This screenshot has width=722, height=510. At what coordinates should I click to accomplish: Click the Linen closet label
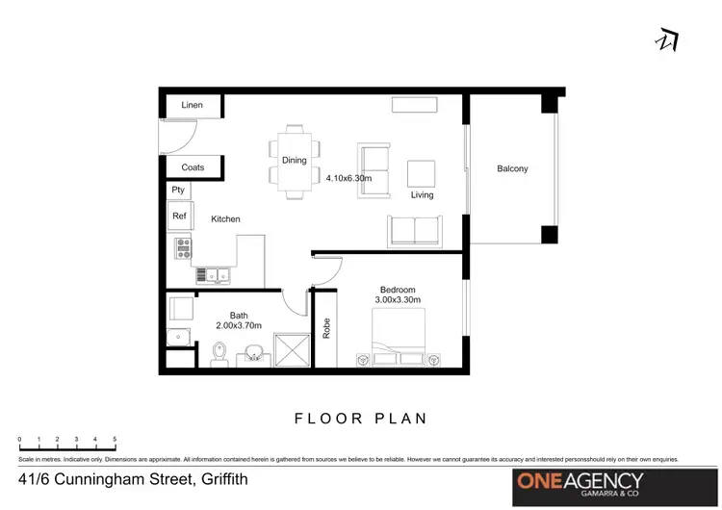click(x=192, y=104)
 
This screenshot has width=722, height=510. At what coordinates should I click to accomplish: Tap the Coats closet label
click(x=193, y=167)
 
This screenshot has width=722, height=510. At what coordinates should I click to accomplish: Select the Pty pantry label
click(x=178, y=190)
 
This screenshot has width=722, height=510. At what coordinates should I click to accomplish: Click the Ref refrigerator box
click(x=179, y=217)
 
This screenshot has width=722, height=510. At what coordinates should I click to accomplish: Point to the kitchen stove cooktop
click(x=181, y=250)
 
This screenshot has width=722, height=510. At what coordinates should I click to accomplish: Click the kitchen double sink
click(x=213, y=275)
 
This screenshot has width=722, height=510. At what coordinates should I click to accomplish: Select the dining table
click(x=294, y=160)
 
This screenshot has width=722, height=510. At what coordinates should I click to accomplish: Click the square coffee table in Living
click(x=422, y=173)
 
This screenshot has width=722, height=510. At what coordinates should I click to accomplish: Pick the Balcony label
click(x=512, y=169)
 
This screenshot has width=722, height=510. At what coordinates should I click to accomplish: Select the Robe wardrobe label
click(x=327, y=328)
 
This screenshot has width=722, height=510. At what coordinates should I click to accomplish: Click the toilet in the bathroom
click(x=219, y=355)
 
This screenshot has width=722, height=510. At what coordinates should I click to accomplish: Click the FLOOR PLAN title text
click(x=360, y=419)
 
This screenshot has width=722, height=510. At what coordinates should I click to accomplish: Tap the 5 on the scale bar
click(x=115, y=439)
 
